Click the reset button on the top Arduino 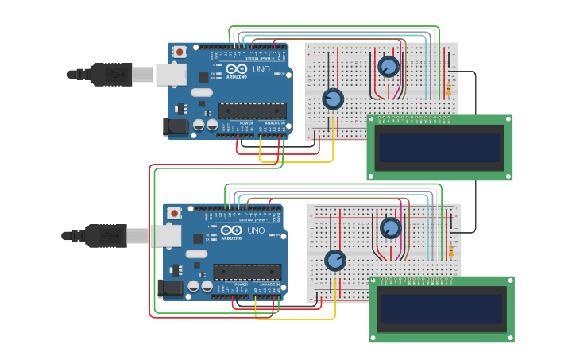pyautogui.click(x=180, y=52)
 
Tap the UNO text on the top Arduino pyautogui.click(x=261, y=70)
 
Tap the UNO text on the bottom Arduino pyautogui.click(x=256, y=231)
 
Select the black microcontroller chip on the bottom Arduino pyautogui.click(x=246, y=272)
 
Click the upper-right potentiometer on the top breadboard pyautogui.click(x=389, y=66)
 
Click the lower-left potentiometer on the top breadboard pyautogui.click(x=333, y=99)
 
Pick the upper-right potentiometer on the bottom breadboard pyautogui.click(x=390, y=228)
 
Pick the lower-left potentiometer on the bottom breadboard pyautogui.click(x=335, y=260)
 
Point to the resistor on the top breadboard pyautogui.click(x=448, y=90)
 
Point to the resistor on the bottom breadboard pyautogui.click(x=450, y=251)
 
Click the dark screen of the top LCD pyautogui.click(x=439, y=147)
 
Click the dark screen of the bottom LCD pyautogui.click(x=442, y=309)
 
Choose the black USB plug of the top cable pyautogui.click(x=110, y=74)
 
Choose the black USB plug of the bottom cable pyautogui.click(x=106, y=235)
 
